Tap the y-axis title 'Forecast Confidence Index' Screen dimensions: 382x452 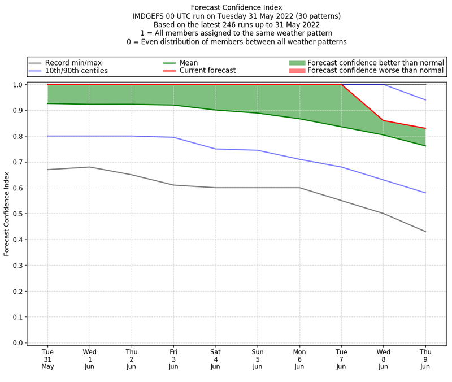click(x=7, y=213)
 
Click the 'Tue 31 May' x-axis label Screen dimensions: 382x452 click(x=47, y=359)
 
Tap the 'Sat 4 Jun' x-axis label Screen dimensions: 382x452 click(x=215, y=359)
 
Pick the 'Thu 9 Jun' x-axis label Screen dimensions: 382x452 click(x=425, y=359)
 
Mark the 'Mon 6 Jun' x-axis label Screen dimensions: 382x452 click(x=299, y=359)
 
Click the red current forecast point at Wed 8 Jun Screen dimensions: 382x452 click(x=383, y=120)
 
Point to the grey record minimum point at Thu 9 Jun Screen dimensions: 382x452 click(x=425, y=232)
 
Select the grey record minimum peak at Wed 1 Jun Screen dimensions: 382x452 click(x=89, y=167)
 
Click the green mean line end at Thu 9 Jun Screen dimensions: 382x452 click(x=425, y=146)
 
